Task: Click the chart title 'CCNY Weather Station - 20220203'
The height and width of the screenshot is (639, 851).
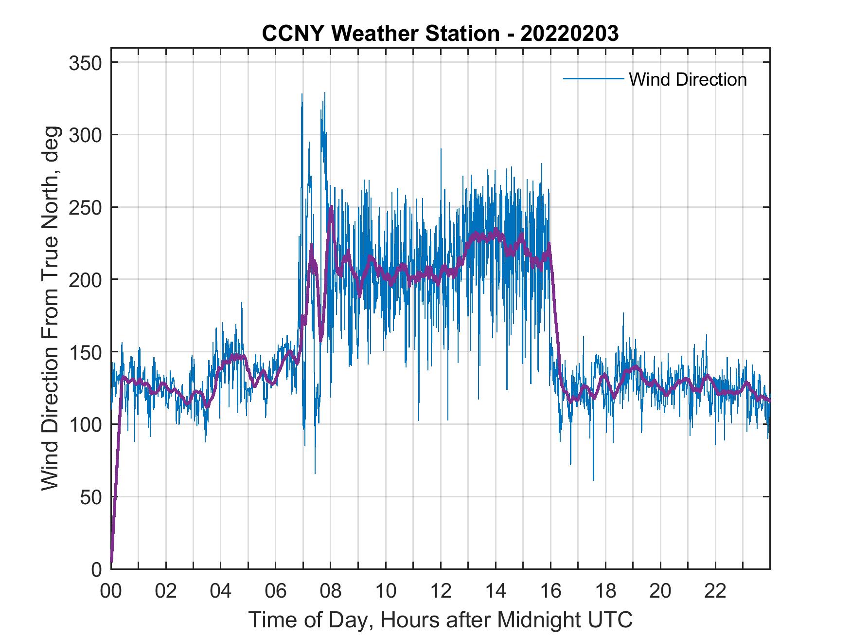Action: click(440, 34)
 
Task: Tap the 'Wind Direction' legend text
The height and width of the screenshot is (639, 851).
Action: click(688, 79)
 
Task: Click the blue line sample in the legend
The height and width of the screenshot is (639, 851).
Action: click(593, 79)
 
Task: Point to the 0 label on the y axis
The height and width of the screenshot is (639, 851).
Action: click(97, 569)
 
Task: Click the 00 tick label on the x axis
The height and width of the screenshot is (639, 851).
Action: click(111, 591)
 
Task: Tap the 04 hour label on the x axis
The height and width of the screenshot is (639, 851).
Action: click(221, 591)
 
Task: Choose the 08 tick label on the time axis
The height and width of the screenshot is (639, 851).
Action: click(331, 591)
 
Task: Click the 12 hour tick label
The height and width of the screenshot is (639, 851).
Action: click(441, 591)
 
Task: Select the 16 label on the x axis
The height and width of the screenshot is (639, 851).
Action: click(550, 591)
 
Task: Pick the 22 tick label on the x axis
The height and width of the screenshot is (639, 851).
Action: click(715, 591)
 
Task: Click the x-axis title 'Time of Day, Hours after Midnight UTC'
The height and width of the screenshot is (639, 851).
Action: click(440, 620)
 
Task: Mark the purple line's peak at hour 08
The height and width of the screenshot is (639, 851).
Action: click(331, 207)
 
